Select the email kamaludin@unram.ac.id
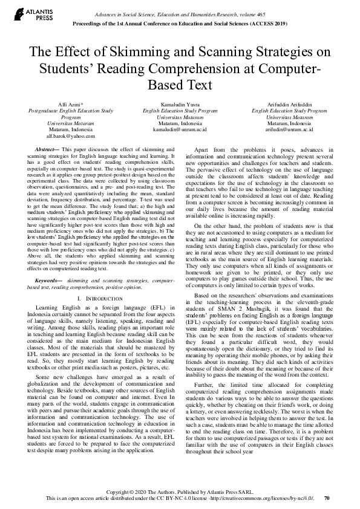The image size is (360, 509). point(180,129)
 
